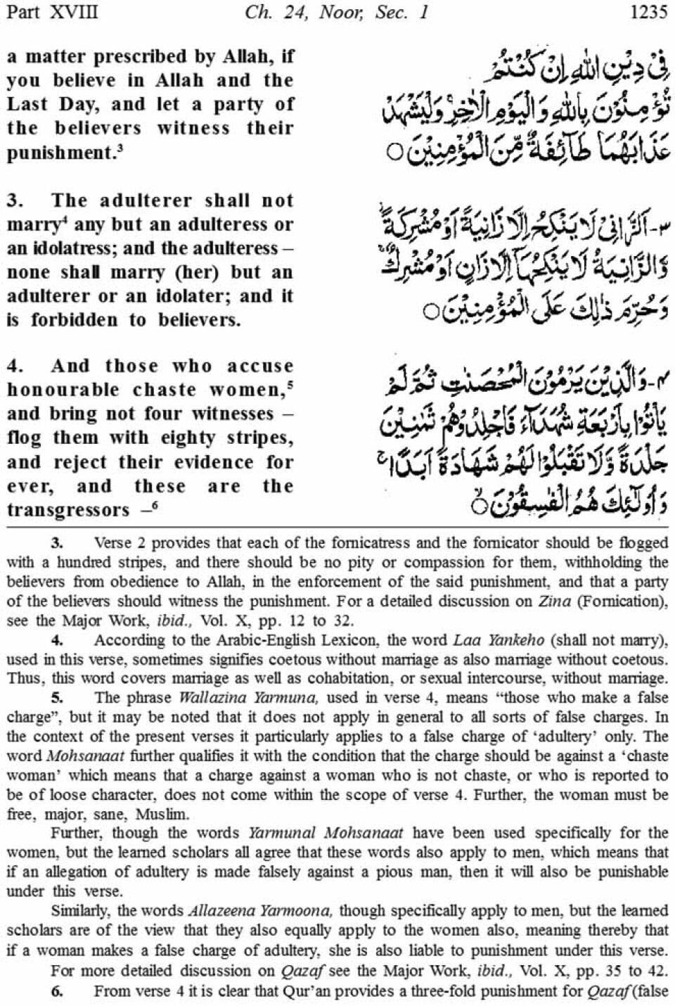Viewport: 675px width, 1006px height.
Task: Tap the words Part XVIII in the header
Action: tap(51, 13)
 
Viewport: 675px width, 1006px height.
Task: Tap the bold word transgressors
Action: tap(68, 510)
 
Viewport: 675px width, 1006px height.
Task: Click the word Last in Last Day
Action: tap(25, 104)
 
